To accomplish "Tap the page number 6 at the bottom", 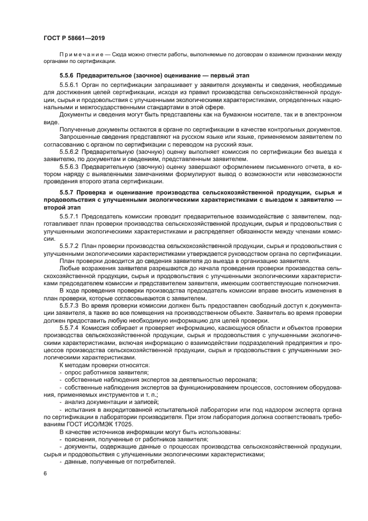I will tap(45, 473).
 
